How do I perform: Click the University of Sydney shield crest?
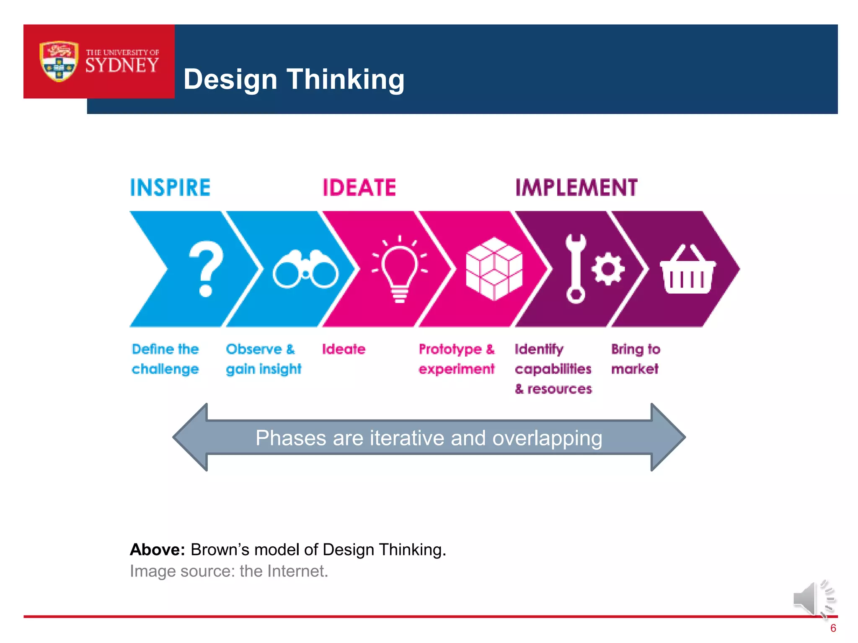tap(59, 61)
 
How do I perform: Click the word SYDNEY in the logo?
tap(122, 66)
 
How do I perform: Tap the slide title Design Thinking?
tap(294, 79)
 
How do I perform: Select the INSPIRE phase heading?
tap(170, 188)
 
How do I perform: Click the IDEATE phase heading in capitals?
tap(359, 188)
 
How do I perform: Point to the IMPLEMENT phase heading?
tap(576, 188)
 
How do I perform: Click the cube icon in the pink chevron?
tap(494, 268)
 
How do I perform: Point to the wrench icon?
tap(576, 268)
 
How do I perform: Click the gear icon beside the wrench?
tap(608, 269)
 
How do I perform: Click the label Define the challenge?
tap(165, 359)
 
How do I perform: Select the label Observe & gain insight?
tap(264, 359)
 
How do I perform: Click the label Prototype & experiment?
tap(457, 359)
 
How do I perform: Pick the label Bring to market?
tap(636, 359)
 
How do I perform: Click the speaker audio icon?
tap(813, 599)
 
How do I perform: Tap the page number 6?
tap(833, 628)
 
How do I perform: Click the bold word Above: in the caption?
tap(158, 550)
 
